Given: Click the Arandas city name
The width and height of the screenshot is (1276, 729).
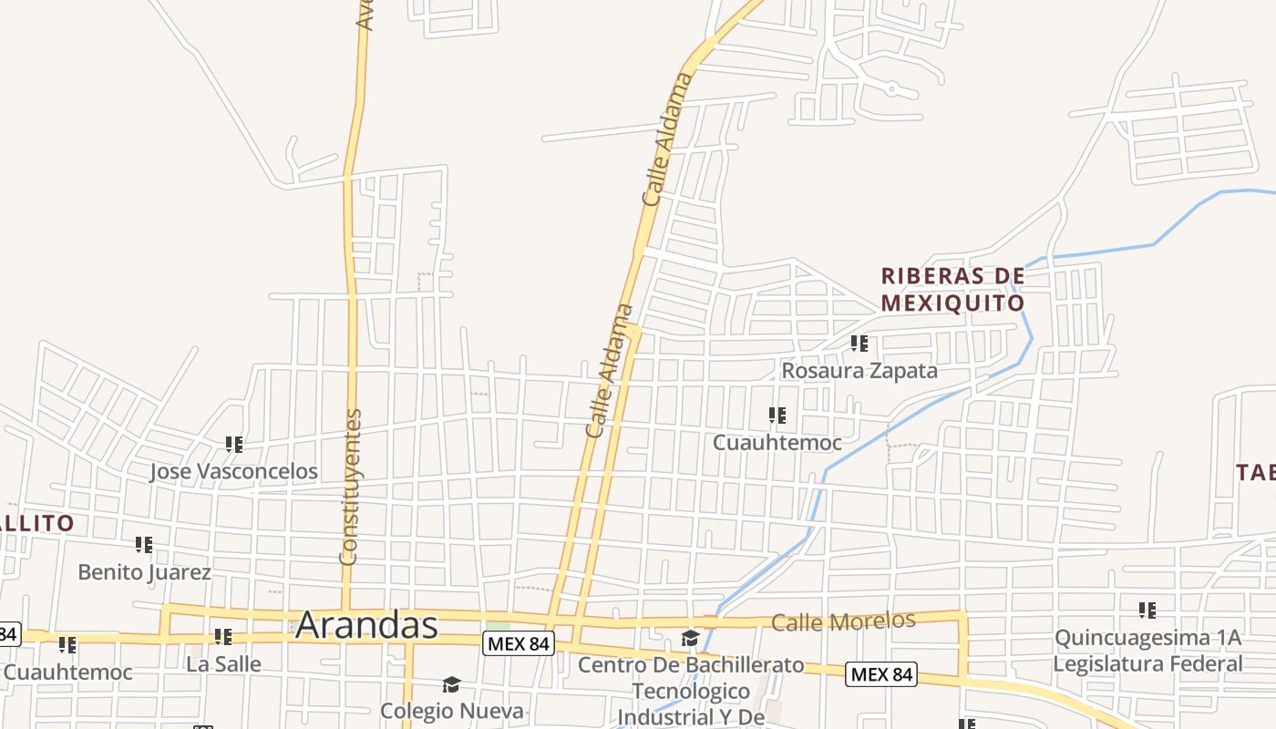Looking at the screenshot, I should (366, 625).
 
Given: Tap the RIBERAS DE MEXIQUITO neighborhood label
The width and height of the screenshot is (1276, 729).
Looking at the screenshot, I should (952, 289).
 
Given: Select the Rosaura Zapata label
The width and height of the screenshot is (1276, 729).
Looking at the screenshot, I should (859, 371).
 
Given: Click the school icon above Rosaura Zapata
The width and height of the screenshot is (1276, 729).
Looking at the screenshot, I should (859, 344).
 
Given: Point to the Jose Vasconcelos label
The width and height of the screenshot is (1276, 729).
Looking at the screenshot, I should (233, 471).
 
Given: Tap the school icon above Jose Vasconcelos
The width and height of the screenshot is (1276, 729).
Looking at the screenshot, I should (234, 445).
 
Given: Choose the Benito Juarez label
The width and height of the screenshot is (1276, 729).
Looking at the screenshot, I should (144, 572).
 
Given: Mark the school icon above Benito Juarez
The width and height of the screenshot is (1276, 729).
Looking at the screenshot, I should (144, 545).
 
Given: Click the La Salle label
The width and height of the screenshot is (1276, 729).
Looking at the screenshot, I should (223, 664).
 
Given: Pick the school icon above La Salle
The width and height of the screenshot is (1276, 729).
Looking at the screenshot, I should (223, 637).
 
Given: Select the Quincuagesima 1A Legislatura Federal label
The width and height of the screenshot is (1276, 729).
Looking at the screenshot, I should (1147, 651).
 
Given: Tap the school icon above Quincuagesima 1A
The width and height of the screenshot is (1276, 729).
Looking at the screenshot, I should (1147, 610).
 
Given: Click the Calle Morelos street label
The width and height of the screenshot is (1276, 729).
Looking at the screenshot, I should (843, 622).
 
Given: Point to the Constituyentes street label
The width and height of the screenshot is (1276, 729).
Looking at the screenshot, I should (350, 487).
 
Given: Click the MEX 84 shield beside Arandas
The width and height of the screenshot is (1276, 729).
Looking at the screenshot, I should (518, 643).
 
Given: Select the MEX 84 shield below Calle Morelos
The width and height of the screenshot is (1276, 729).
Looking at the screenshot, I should (881, 674).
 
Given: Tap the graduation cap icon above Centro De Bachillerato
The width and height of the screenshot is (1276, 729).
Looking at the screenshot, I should (690, 639).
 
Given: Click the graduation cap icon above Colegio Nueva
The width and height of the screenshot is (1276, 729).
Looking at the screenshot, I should (451, 684).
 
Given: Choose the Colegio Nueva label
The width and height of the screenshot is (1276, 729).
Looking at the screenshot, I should (452, 711).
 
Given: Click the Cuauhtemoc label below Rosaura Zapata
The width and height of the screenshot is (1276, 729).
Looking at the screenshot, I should (777, 443).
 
